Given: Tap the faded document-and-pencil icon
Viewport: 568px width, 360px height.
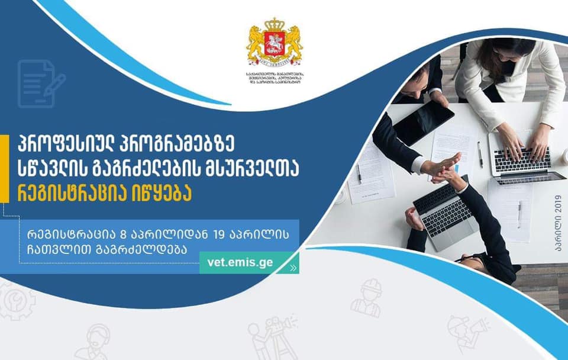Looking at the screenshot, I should coord(40,83).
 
